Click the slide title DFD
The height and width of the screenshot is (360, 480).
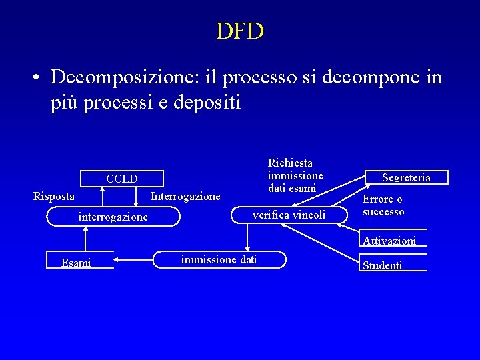click(240, 31)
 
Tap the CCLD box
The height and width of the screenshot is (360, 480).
click(121, 179)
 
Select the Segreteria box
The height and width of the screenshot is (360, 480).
click(406, 177)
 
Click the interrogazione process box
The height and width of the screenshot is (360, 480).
click(113, 217)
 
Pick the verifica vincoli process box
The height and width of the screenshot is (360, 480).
click(289, 215)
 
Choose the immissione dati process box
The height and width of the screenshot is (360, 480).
click(220, 259)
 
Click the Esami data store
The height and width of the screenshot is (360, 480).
click(76, 263)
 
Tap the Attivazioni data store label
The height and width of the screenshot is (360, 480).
click(389, 241)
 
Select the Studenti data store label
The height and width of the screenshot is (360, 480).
click(382, 265)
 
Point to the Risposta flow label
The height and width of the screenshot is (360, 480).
click(54, 197)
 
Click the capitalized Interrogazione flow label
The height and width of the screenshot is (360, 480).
click(185, 197)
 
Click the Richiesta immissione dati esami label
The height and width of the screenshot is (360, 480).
click(295, 175)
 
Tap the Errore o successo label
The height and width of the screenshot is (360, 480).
click(383, 205)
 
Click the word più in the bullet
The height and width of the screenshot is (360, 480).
click(65, 103)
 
